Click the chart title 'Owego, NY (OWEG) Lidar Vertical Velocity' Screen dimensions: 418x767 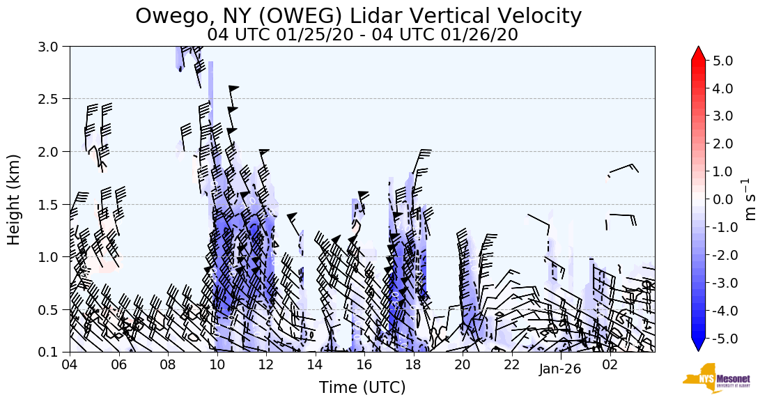tap(358, 15)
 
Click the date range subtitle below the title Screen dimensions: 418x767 tap(362, 34)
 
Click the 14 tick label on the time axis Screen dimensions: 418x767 tap(316, 365)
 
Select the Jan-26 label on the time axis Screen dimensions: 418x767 tap(560, 369)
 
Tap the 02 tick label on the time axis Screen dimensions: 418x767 tap(610, 365)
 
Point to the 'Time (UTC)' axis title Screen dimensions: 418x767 tap(362, 387)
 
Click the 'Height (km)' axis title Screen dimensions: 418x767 tap(14, 199)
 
